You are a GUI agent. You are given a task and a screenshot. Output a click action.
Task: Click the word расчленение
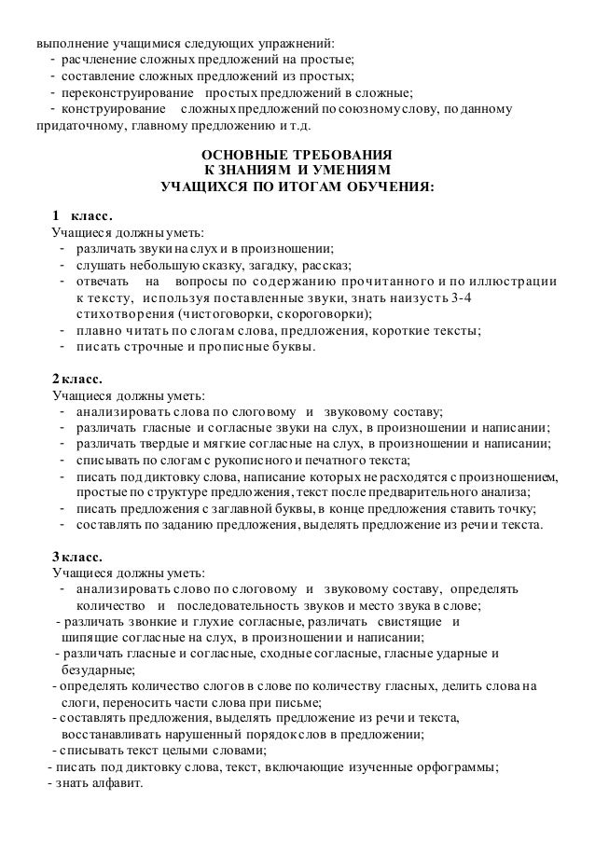pyautogui.click(x=101, y=62)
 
